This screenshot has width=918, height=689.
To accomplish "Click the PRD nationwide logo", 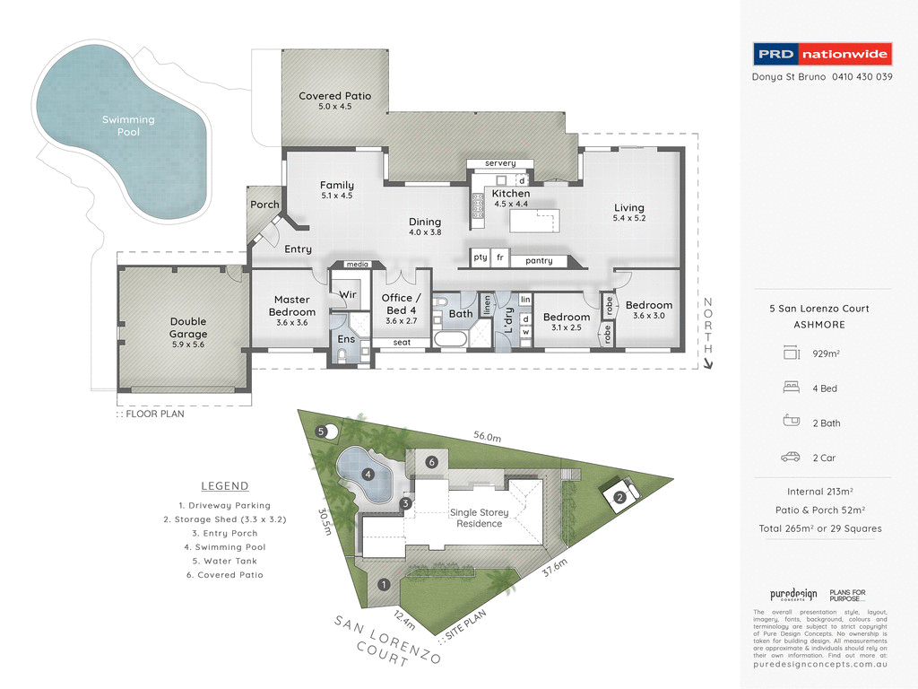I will coord(822,54).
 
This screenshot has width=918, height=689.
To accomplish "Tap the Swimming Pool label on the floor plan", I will coord(128,126).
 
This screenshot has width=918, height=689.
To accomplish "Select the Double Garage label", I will coord(188,327).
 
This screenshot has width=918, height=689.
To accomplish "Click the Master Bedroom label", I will coord(292,305).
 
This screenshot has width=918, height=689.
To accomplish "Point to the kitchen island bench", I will coord(533,221).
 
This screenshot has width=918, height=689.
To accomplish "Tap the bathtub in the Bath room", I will coord(448,340).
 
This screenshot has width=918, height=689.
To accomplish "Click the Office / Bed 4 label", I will coord(397,303).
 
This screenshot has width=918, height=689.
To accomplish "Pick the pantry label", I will coord(539,261).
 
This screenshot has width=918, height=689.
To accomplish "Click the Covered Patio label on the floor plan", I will coord(334,100).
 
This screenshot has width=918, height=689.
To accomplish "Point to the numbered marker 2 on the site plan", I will coord(619,497).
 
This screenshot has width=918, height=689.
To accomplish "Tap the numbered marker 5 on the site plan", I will coord(321,432).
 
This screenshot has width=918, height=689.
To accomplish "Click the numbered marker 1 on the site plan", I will coord(384,585).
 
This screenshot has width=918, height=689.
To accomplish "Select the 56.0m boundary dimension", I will coord(488,436).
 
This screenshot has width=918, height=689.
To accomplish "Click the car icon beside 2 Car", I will coord(790,457).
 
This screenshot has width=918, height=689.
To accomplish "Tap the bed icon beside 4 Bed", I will coord(790,388).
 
